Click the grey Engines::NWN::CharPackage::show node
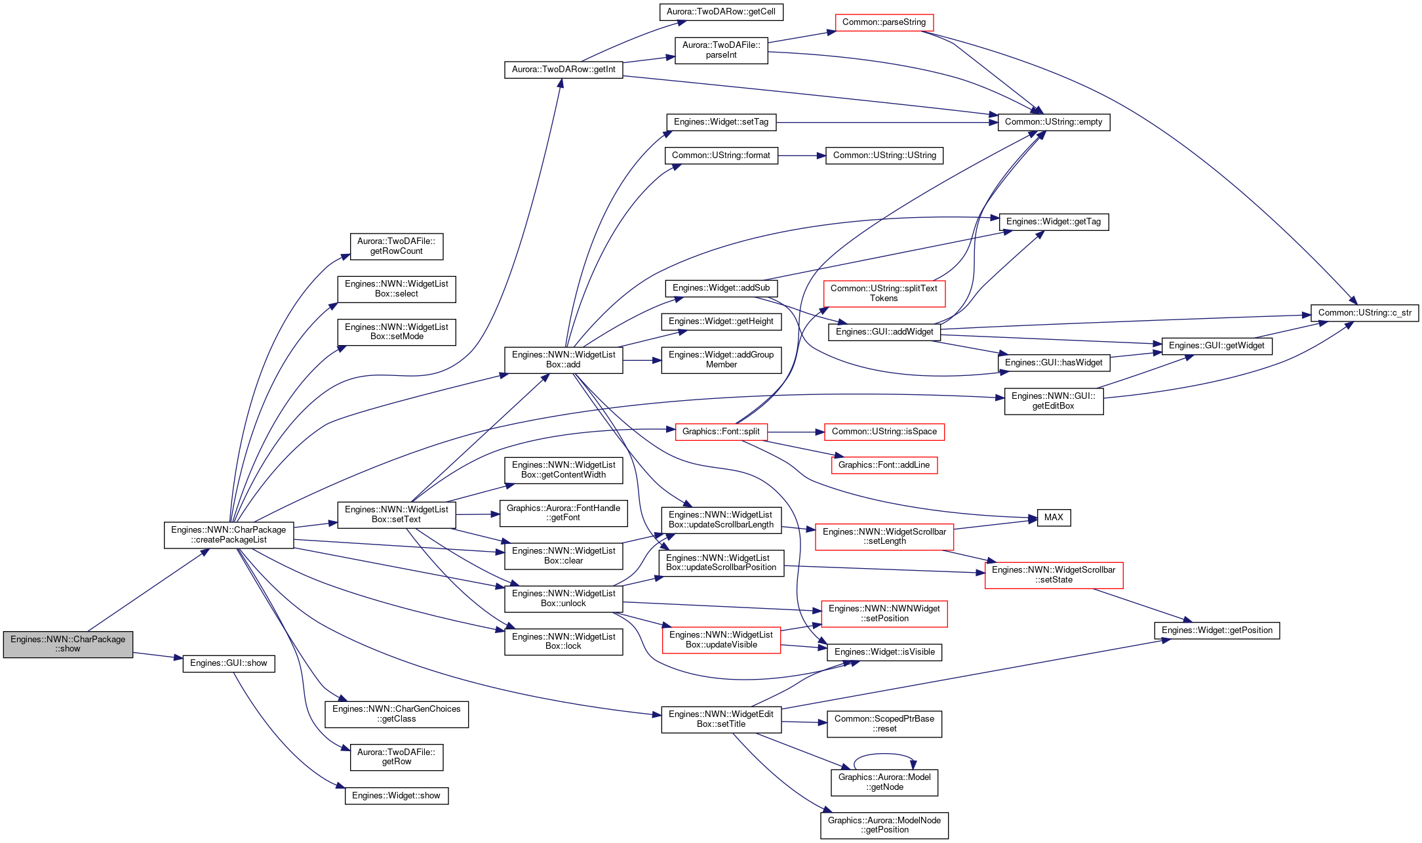point(68,644)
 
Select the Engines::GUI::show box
point(228,663)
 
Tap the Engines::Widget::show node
point(397,796)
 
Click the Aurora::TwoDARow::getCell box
point(721,12)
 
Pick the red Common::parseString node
point(884,22)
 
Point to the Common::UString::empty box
point(1054,122)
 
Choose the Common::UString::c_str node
point(1364,313)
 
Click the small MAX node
point(1054,518)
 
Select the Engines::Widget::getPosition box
point(1217,630)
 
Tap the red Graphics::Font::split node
point(721,432)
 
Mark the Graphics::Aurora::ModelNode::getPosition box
point(884,825)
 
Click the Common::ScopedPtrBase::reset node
point(884,724)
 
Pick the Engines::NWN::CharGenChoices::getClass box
point(397,714)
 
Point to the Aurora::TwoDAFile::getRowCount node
point(397,246)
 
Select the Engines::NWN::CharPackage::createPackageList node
point(229,535)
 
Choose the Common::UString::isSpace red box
point(884,432)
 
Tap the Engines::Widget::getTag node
point(1054,222)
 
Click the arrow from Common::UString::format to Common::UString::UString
point(802,155)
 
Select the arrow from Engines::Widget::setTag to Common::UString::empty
point(887,122)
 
